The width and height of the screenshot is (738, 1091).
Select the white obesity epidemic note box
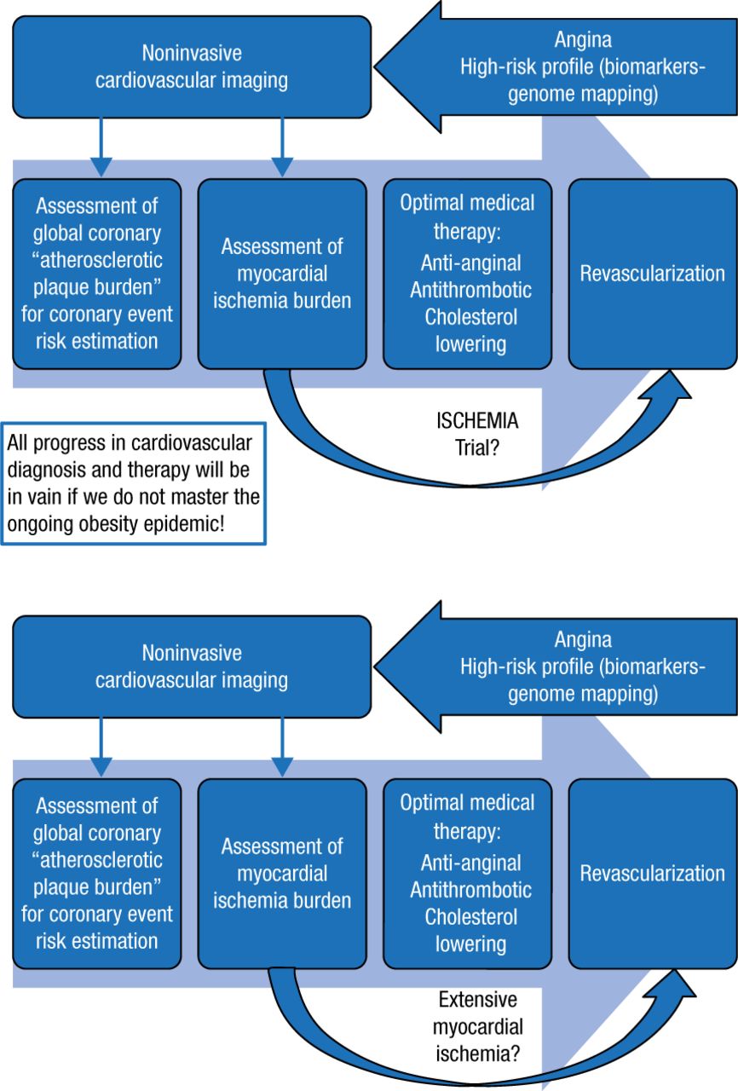[133, 482]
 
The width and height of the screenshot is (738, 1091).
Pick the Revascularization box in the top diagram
[652, 274]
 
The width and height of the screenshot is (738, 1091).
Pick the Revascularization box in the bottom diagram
[652, 874]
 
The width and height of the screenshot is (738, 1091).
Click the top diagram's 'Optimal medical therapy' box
[467, 274]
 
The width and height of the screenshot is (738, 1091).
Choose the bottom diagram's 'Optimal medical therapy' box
[467, 874]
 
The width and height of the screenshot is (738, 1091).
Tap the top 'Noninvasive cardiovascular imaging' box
[192, 67]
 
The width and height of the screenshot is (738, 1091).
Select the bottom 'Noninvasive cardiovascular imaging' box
[192, 667]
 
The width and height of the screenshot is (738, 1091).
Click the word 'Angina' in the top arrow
[583, 40]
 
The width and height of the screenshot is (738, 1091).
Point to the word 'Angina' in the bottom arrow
[583, 639]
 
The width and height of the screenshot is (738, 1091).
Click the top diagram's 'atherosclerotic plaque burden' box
[96, 274]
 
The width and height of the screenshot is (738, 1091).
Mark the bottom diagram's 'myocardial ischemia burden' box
[282, 874]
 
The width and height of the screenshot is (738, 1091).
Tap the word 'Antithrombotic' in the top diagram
[470, 291]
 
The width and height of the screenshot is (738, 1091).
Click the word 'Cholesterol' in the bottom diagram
[470, 916]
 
